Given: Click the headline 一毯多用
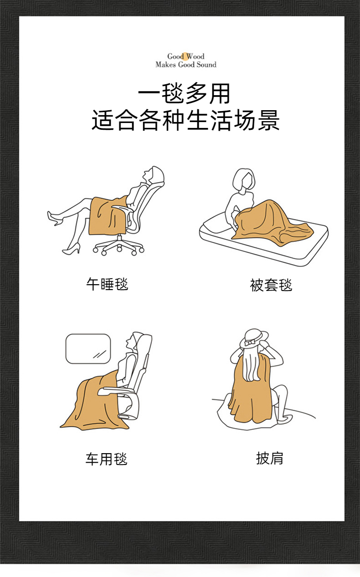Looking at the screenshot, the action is (x=184, y=93).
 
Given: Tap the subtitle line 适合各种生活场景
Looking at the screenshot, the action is (x=185, y=120).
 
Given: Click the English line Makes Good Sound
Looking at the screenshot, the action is (x=186, y=65).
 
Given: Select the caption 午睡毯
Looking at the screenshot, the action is (x=107, y=284).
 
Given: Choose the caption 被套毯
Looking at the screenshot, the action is (x=271, y=285).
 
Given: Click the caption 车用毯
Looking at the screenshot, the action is (x=107, y=459).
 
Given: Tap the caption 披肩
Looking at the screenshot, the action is (x=270, y=458).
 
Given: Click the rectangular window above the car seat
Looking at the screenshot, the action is (x=88, y=349).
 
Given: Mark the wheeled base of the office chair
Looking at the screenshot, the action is (x=118, y=246).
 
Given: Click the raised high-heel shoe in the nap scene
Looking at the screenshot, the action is (x=55, y=219).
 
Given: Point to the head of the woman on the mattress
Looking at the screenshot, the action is (x=244, y=180).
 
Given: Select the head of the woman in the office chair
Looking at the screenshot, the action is (x=154, y=175).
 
